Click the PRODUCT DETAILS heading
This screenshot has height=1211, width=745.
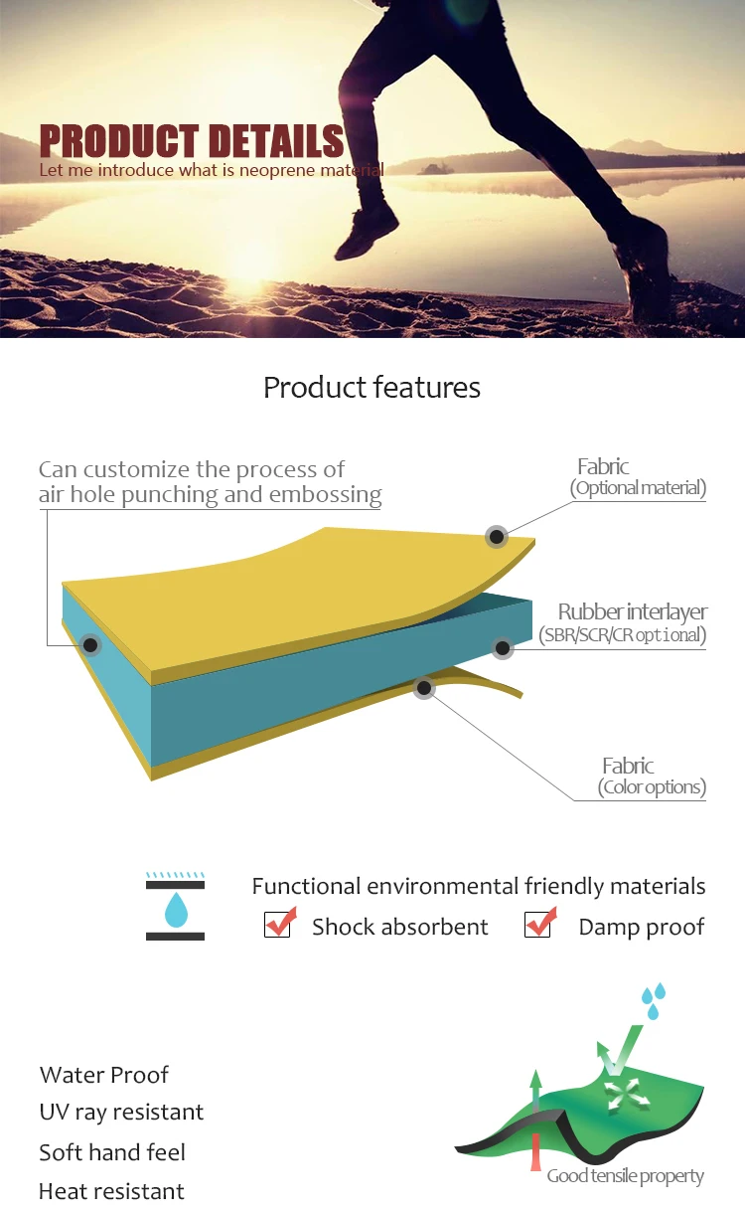coord(192,140)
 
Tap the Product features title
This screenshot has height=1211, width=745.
coord(372,387)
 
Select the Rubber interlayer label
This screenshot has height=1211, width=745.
coord(632,611)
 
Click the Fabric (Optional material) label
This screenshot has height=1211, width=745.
coord(637,476)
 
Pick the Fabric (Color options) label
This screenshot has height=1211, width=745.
coord(651,776)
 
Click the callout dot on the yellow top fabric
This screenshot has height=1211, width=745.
coord(496,537)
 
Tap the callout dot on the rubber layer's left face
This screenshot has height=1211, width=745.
coord(91,645)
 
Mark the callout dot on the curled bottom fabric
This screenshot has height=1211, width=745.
coord(424,686)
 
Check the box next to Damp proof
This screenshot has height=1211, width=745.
coord(538,925)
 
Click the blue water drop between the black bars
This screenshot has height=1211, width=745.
coord(175,909)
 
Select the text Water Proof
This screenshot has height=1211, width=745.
coord(104,1075)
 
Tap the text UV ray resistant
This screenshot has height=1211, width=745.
coord(121,1112)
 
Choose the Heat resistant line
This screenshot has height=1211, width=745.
coord(111,1191)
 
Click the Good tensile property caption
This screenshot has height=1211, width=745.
coord(625,1176)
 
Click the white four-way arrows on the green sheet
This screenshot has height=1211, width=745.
coord(623,1096)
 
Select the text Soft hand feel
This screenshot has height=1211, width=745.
coord(112,1152)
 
